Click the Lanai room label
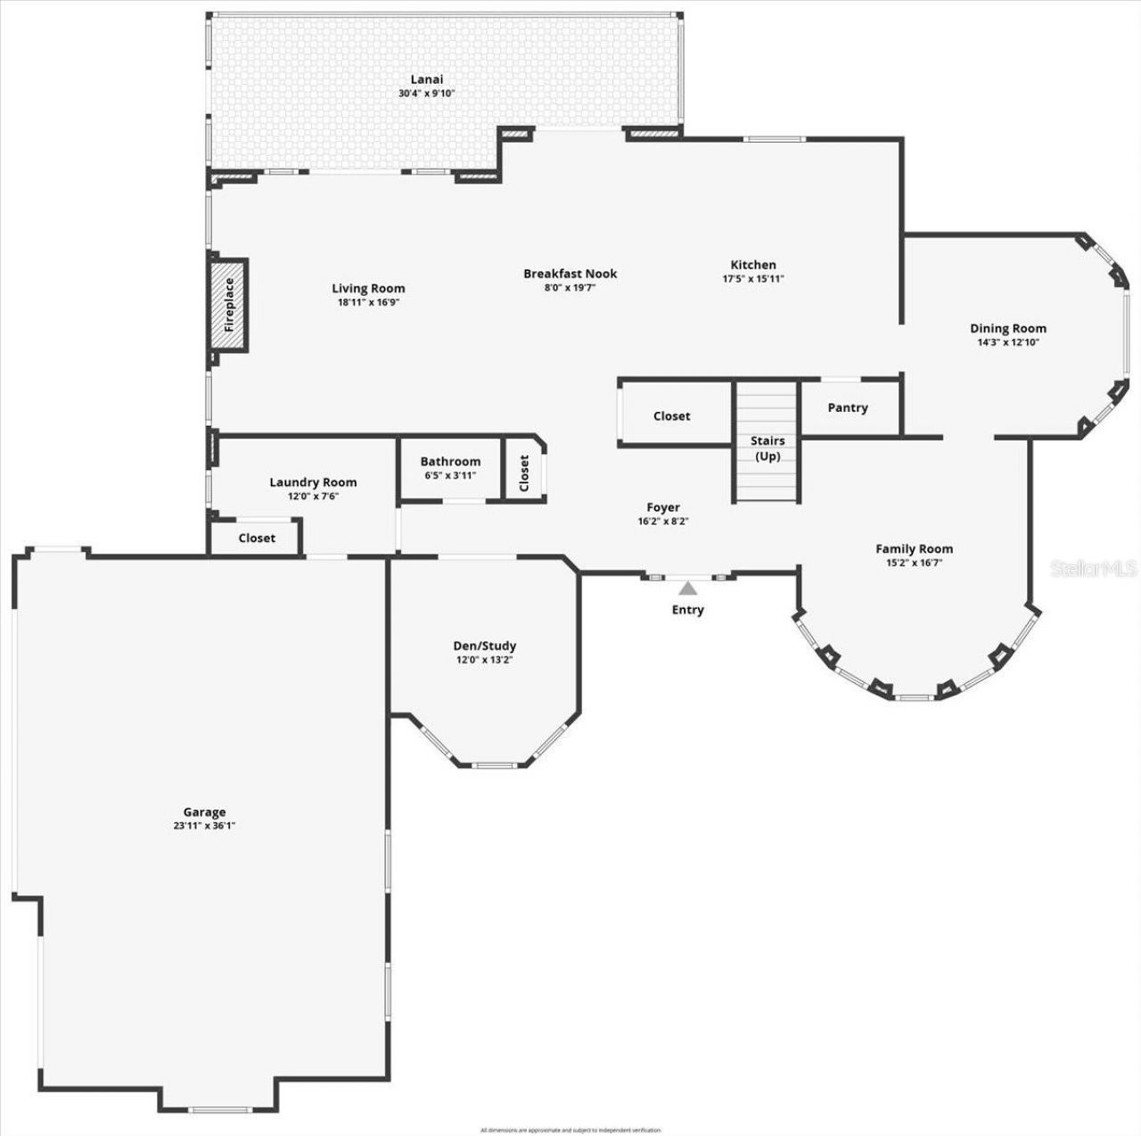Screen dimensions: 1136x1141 426,79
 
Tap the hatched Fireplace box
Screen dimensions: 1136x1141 228,305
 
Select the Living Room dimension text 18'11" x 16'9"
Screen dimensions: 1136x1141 368,302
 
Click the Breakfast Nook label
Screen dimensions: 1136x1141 570,274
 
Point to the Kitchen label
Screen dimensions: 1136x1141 753,265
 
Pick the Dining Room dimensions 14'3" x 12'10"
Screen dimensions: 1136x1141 1008,342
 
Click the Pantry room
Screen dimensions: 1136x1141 847,407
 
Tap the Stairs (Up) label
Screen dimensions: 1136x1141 767,449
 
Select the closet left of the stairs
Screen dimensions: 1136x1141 671,416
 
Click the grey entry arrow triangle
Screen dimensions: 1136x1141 687,589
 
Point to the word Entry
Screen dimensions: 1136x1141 687,610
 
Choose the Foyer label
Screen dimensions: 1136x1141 663,507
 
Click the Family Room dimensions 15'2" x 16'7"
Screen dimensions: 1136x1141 914,563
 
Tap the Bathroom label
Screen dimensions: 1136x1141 450,461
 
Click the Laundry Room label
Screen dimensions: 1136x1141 313,482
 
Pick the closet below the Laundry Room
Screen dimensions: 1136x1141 257,538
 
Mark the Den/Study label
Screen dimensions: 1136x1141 484,646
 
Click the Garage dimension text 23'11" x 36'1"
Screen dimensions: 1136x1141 204,826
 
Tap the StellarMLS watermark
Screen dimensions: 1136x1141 1093,568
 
